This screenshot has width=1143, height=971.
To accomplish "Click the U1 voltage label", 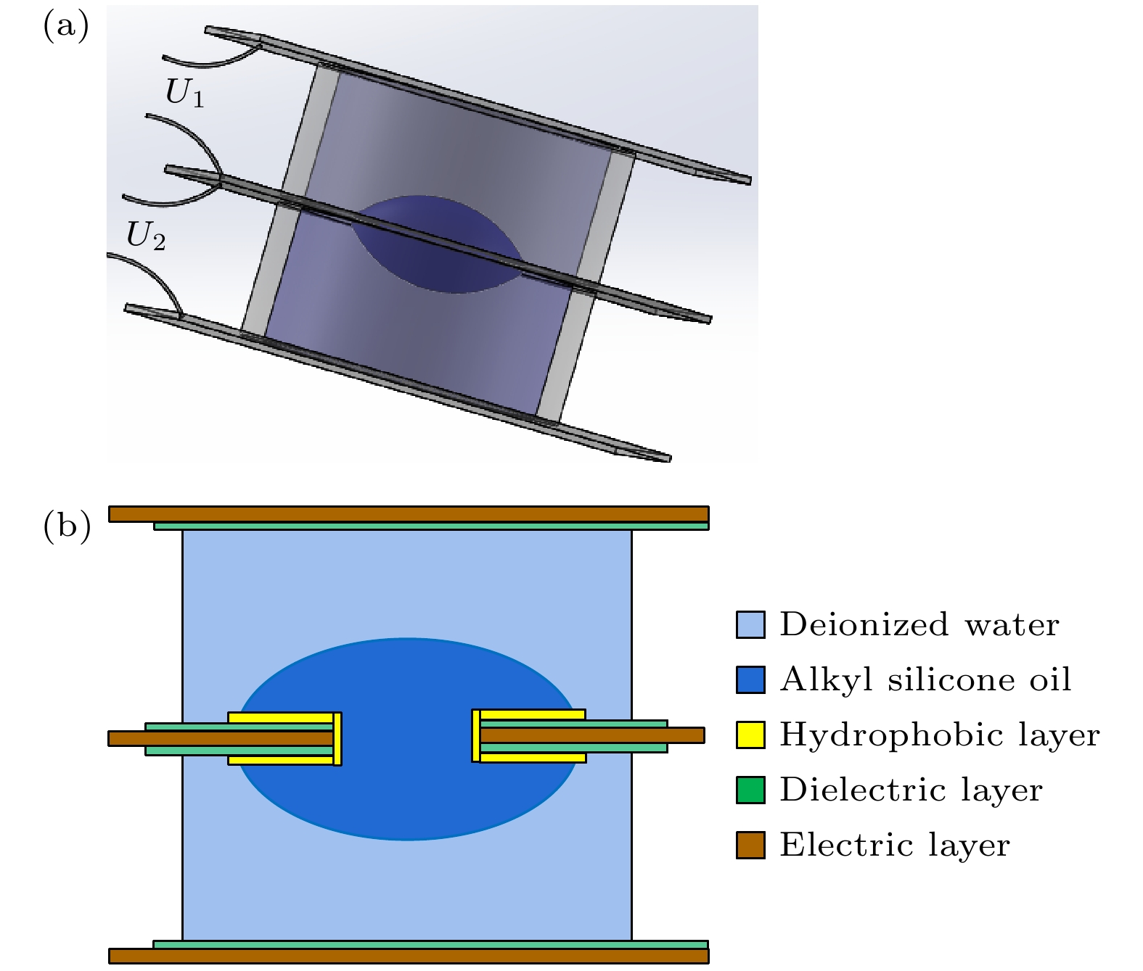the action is coord(184,92).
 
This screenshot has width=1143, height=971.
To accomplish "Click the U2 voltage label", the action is coord(146,236).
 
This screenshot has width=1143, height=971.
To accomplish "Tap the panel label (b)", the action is coord(66,526).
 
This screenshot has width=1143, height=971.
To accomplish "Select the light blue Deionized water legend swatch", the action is coord(750,624).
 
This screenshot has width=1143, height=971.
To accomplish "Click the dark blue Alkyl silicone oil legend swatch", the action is coord(750,679).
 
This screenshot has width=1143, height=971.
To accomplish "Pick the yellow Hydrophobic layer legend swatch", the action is coord(750,735).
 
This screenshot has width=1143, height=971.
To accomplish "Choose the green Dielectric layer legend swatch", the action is coord(750,790).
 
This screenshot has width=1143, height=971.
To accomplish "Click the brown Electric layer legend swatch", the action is coord(750,844).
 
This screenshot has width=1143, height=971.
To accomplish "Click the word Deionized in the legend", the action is coord(865,624).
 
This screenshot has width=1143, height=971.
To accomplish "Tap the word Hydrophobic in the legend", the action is coord(891,735).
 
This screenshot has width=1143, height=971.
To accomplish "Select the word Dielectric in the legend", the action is coord(863,790).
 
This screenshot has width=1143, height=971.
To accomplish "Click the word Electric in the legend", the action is coord(847,844).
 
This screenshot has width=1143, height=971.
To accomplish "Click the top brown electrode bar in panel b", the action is coord(409,514).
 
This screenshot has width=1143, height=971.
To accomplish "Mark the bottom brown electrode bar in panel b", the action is coord(409,956).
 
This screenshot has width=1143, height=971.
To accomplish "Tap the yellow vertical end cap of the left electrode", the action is coord(337,739).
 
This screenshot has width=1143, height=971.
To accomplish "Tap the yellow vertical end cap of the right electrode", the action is coord(475,735).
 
